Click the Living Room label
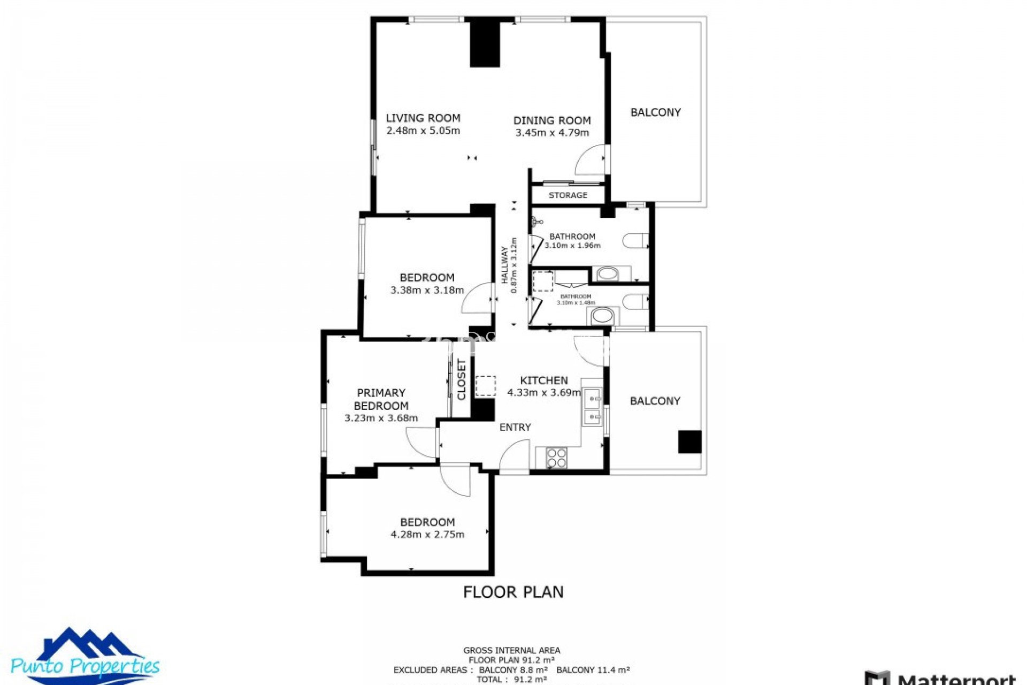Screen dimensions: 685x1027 423,118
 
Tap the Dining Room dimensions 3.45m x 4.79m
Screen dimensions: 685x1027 552,133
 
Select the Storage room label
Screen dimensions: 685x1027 568,195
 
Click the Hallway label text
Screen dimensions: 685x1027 504,265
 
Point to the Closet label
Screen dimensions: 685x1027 462,379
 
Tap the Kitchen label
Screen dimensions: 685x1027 543,380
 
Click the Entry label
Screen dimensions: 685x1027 515,427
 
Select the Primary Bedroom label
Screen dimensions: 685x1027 381,399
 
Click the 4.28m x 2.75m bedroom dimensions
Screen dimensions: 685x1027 427,534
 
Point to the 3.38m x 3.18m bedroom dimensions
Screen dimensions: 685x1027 427,290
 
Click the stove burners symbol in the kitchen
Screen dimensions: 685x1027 556,458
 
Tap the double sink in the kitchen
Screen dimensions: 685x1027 592,407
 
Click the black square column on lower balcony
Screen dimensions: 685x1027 689,442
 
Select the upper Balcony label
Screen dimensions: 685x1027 655,112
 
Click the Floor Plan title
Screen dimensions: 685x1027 513,592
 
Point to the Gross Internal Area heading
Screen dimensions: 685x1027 512,650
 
